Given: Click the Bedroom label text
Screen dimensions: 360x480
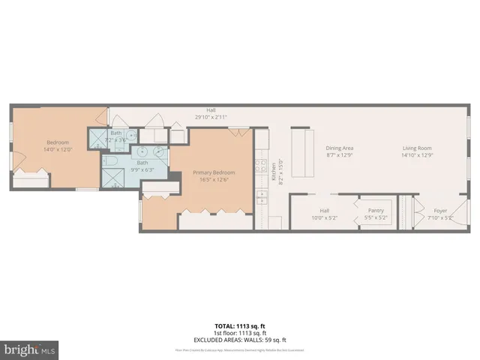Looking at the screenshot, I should coord(58,142).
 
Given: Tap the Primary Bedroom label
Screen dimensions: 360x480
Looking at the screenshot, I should coord(210,172).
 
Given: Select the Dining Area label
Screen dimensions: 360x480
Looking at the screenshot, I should coord(339,148).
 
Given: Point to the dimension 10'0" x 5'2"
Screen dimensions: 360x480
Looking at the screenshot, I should coord(325,217).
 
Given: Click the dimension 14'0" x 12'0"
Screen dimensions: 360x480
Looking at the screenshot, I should coord(58,149).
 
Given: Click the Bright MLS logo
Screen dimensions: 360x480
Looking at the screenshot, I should coord(30,350).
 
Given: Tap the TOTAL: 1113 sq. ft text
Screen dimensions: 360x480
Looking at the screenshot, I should coord(240,325).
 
